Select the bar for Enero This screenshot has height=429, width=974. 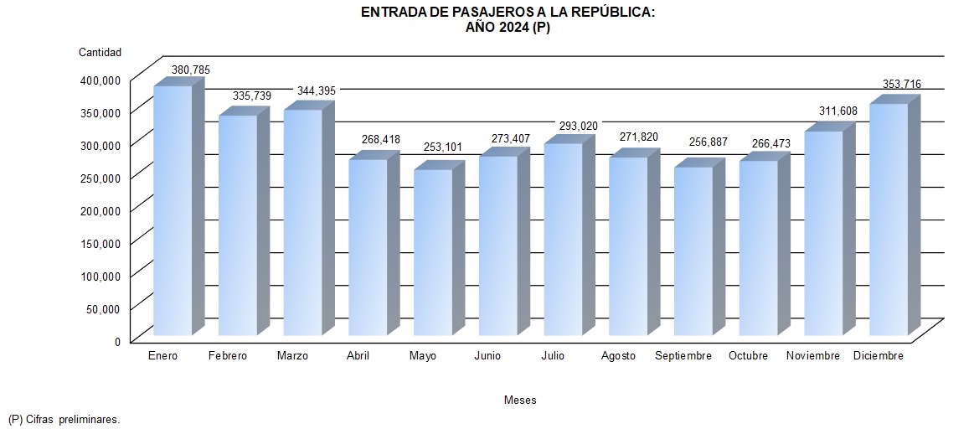coord(173,209)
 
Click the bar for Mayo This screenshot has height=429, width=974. coord(433,251)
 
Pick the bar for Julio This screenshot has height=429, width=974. coord(563,239)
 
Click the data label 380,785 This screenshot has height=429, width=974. coord(191,70)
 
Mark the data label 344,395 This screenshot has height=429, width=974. coord(317,90)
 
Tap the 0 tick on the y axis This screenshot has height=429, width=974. coord(118,341)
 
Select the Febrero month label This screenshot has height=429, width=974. coord(228,356)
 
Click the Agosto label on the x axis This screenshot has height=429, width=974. coord(618,356)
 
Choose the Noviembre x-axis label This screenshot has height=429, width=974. coord(813,356)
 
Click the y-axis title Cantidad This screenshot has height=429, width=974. coord(100,52)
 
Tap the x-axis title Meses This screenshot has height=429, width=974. coord(520,401)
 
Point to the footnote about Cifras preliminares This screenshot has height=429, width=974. coord(64,419)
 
